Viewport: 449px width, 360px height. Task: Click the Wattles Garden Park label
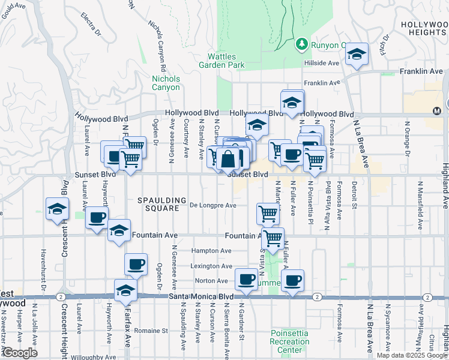(221, 60)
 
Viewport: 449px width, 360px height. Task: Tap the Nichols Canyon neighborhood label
(166, 83)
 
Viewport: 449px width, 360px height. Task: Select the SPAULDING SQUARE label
(158, 204)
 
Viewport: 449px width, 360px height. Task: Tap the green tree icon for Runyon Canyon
(301, 45)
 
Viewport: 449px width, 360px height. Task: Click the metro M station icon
(437, 111)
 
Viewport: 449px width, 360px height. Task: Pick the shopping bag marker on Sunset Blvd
(229, 160)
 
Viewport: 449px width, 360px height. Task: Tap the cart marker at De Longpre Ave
(267, 212)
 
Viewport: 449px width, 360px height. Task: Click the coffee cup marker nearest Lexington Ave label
(136, 263)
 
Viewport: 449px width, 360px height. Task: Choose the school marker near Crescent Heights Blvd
(57, 209)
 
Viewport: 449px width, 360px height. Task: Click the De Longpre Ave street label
(213, 205)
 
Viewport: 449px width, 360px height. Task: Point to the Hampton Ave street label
(211, 251)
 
